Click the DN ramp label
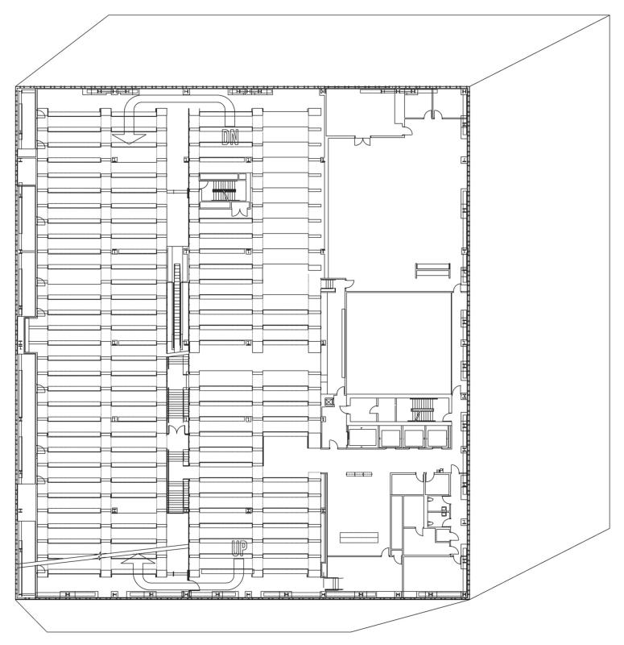230,137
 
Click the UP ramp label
239,549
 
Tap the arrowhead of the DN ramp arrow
129,139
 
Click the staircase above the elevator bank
423,410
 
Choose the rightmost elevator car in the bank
438,437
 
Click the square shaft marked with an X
329,402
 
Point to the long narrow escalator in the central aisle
177,307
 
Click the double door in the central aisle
177,431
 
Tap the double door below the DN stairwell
239,210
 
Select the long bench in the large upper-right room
432,270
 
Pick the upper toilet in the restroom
430,499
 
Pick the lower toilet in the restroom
430,523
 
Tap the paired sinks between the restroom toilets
444,510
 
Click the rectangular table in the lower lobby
358,537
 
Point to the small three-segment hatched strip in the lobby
359,474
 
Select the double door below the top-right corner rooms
362,141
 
